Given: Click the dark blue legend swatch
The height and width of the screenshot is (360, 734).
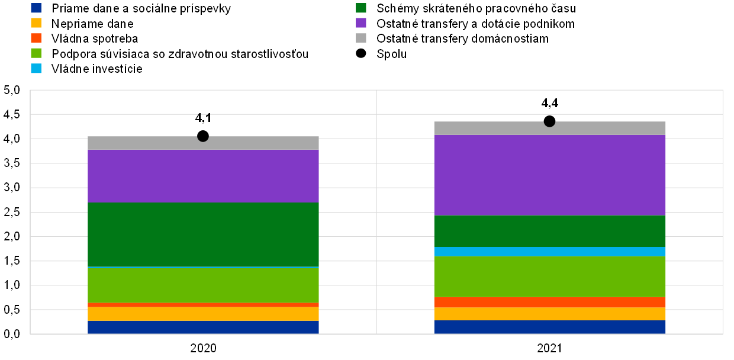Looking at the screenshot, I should [36, 8].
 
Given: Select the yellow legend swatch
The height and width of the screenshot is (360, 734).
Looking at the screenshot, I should [36, 23].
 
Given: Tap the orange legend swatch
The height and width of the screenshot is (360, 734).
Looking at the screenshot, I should [36, 38].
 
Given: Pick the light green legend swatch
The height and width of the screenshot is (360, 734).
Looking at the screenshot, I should [36, 53].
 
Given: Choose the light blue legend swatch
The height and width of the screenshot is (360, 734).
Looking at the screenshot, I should [36, 68].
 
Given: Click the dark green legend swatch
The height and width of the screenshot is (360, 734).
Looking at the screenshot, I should [361, 8].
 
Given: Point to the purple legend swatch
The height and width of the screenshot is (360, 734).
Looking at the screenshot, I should [361, 23].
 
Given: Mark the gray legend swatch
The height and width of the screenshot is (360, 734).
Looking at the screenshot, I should [361, 38].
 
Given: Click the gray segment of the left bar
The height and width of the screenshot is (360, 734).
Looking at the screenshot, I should [148, 143].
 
